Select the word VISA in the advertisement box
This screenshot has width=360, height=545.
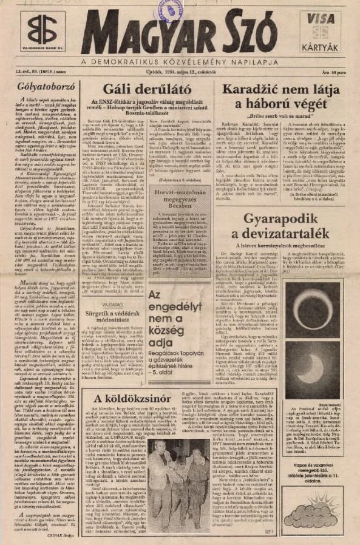(322, 19)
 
